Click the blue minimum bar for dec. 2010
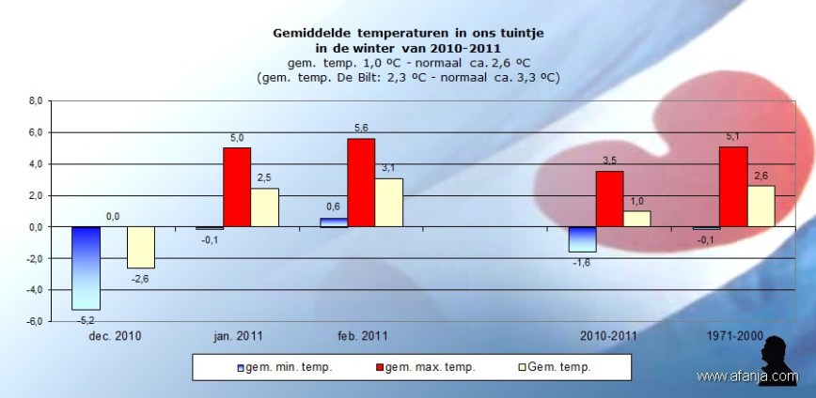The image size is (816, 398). pos(86,268)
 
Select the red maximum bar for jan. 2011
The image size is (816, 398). pos(237,187)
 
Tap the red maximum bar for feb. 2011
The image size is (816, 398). pos(361,182)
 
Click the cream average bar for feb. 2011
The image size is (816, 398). pos(388,202)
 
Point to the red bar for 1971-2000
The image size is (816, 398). pos(734,186)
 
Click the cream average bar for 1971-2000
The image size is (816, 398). pos(761,206)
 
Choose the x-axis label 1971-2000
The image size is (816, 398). pos(733,334)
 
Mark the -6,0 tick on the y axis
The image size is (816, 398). pos(33,321)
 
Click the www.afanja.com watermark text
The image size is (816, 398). pos(747,376)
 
